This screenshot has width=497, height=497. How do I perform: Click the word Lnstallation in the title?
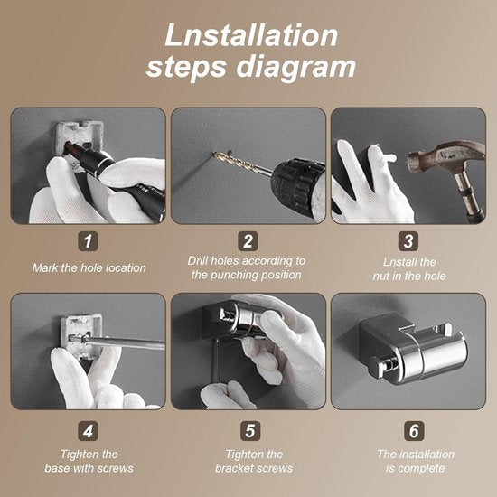coord(251,35)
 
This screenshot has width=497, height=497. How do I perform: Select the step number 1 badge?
coord(88,241)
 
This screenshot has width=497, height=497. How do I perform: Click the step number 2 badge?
coord(248,241)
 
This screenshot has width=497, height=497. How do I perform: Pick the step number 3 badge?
coord(408,241)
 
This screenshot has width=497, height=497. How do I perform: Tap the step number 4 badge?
coord(88,431)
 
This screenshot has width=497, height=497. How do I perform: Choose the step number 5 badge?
coord(250,431)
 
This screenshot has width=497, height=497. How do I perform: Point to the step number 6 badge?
coord(414,431)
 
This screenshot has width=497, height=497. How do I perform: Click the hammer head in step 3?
coord(444,157)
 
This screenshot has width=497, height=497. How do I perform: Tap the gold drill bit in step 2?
coord(241,164)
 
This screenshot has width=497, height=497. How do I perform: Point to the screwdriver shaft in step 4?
coord(124,342)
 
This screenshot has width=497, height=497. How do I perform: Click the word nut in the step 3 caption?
coord(381,277)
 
